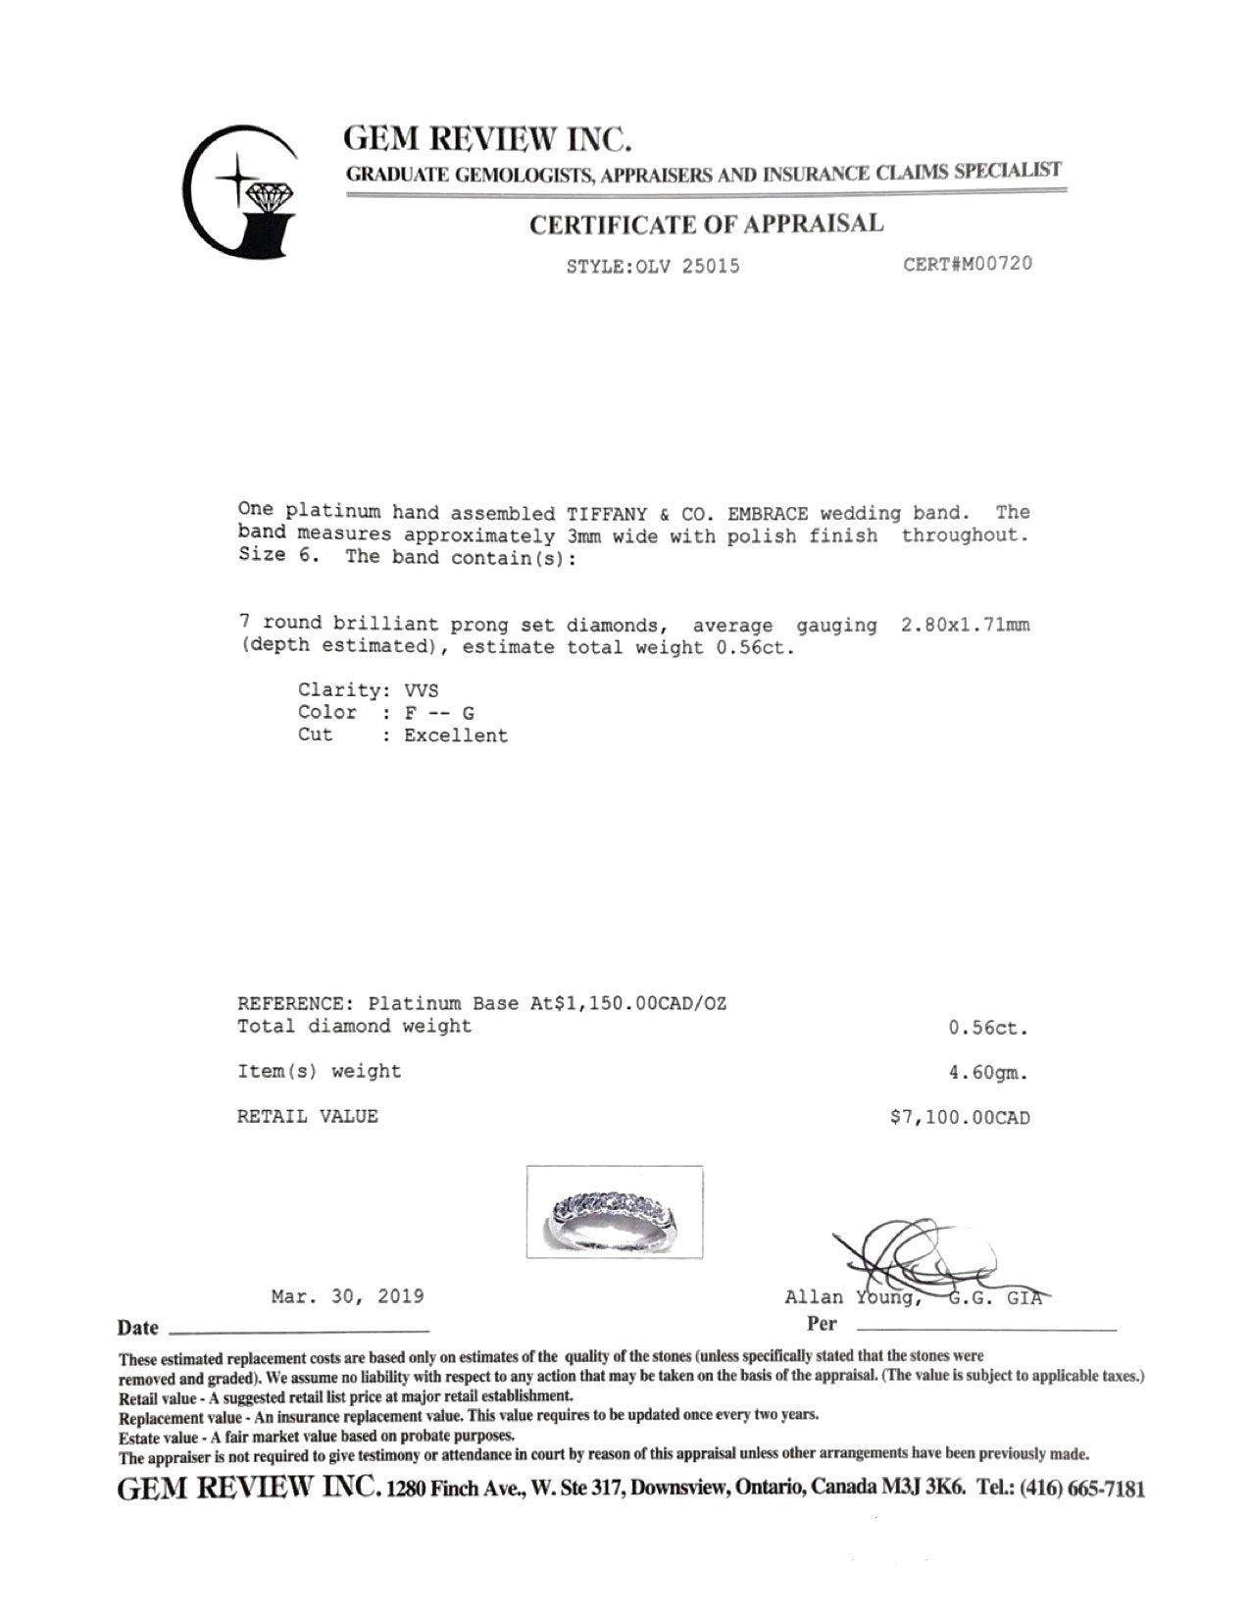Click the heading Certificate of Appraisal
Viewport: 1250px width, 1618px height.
pyautogui.click(x=706, y=225)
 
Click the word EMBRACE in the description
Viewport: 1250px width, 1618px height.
pyautogui.click(x=768, y=513)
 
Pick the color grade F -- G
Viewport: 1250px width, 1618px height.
pyautogui.click(x=438, y=713)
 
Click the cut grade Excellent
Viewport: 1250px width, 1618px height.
pyautogui.click(x=456, y=735)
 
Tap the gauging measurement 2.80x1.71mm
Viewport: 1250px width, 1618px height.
pyautogui.click(x=965, y=625)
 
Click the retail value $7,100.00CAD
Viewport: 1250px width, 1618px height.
pyautogui.click(x=960, y=1117)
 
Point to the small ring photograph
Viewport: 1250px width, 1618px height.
pyautogui.click(x=615, y=1211)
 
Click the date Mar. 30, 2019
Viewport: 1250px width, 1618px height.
pyautogui.click(x=347, y=1296)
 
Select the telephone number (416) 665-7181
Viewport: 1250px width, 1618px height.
pyautogui.click(x=1082, y=1489)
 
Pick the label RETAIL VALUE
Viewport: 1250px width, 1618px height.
pyautogui.click(x=307, y=1116)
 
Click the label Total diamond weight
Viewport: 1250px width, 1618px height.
pyautogui.click(x=354, y=1027)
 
